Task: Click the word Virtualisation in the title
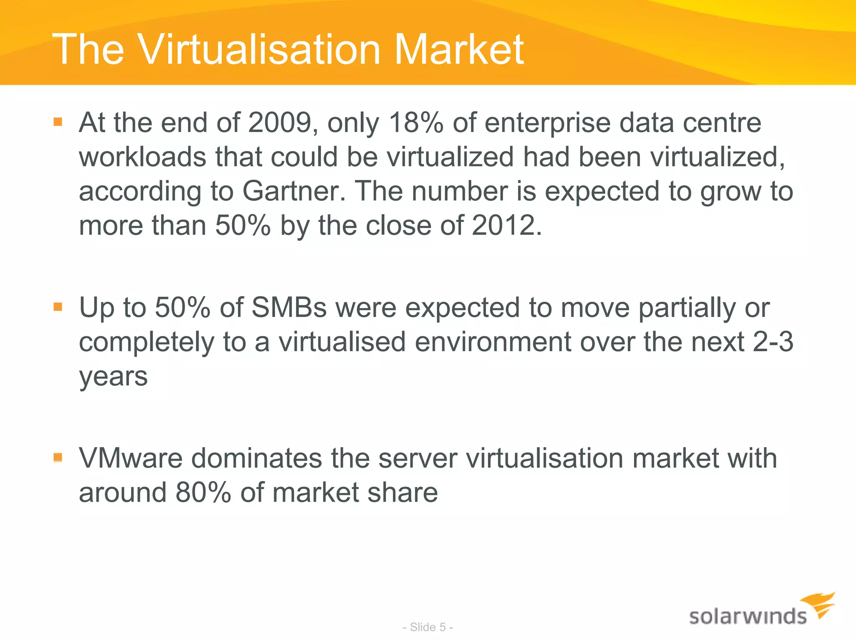(x=260, y=50)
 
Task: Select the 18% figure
(x=416, y=123)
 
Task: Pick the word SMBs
(x=289, y=308)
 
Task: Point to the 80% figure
(x=203, y=492)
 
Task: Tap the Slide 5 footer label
(x=428, y=627)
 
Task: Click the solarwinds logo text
(x=748, y=617)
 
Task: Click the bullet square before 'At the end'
(x=58, y=122)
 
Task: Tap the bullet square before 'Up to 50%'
(x=58, y=307)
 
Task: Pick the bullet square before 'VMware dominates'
(x=58, y=457)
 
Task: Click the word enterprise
(x=548, y=123)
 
